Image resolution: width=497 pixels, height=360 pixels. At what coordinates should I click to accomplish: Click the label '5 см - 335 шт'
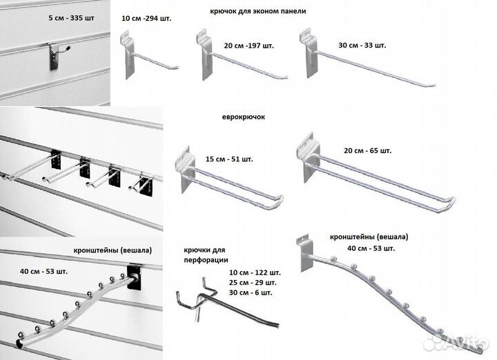pos(71,18)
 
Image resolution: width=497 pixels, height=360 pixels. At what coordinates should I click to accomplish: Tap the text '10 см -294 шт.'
pos(146,19)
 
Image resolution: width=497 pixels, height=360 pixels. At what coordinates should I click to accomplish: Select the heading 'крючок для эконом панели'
pos(257,11)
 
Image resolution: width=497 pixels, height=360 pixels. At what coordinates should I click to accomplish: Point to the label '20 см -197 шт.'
pos(248,46)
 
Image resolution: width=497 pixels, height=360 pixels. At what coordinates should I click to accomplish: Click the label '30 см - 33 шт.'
pos(362,46)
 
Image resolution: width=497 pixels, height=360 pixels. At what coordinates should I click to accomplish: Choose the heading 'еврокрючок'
pos(244,117)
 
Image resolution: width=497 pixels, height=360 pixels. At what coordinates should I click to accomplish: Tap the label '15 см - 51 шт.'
pos(229,159)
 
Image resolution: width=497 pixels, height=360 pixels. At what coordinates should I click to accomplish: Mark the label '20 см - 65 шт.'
pos(368,150)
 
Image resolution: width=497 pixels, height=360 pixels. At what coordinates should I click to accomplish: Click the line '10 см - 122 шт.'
pos(255,272)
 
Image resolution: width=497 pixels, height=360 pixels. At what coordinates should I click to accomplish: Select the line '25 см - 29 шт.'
pos(253,283)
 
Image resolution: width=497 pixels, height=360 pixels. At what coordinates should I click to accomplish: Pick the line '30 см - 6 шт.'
pos(251,292)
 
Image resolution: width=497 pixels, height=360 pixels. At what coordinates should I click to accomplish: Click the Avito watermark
pos(456,341)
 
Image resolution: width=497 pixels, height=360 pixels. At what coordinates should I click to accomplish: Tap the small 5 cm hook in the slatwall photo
pos(58,54)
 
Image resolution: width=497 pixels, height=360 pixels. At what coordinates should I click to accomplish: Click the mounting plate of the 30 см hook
pos(309,53)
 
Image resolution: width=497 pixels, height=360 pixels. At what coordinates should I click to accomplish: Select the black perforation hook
pos(228,300)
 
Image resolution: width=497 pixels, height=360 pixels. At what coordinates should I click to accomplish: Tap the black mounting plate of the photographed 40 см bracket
pos(134,277)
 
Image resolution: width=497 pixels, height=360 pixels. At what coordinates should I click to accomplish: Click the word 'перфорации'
pos(206,260)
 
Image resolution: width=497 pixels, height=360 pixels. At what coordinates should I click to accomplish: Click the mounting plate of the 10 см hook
pos(128,54)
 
